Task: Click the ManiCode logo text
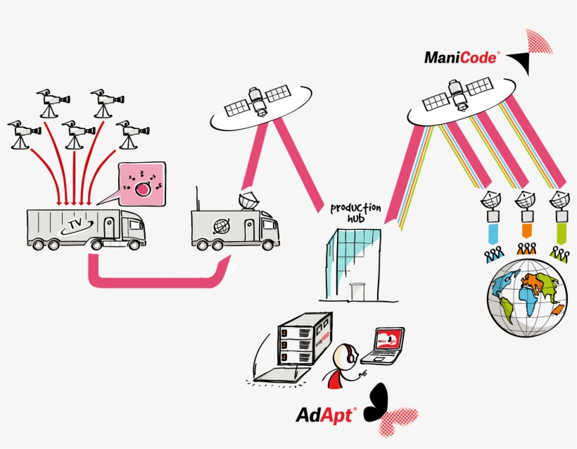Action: [461, 57]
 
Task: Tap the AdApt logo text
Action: [326, 414]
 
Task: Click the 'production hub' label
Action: [356, 212]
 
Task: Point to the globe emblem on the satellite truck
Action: [222, 226]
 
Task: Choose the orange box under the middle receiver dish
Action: [525, 230]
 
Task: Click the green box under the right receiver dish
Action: [560, 230]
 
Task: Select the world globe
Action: [527, 297]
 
